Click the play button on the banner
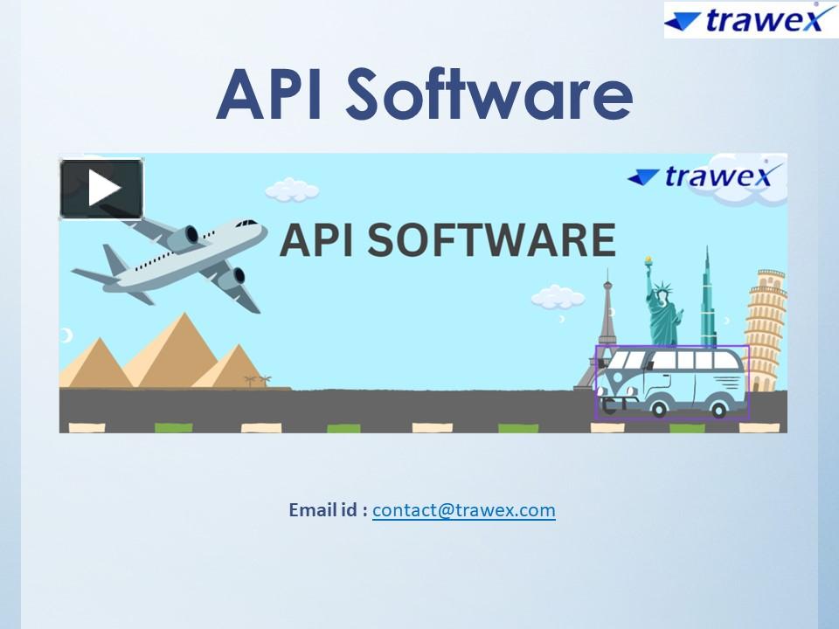click(101, 188)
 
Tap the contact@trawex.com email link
click(463, 510)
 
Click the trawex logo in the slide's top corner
click(749, 19)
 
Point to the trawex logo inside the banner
click(699, 176)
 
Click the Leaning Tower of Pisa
click(766, 332)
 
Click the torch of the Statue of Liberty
click(648, 260)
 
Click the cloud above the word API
click(291, 189)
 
